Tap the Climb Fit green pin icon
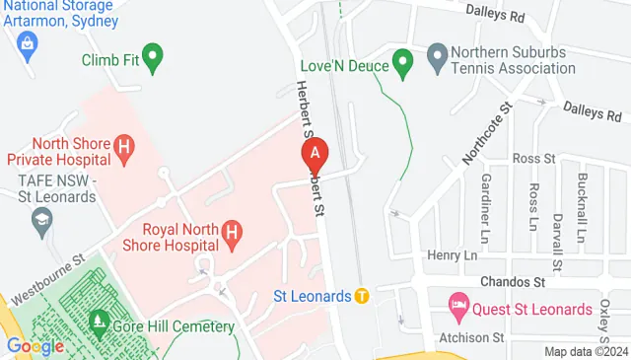point(152,57)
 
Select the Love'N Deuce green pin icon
point(402,64)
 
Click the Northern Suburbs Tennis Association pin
point(437,59)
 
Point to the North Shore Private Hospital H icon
point(123,150)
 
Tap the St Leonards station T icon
point(362,296)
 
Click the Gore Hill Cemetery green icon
point(99,323)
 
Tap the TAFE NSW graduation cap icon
point(41,223)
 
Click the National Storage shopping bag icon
point(26,42)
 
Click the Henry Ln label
point(452,255)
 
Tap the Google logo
point(35,346)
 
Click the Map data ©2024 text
point(586,351)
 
